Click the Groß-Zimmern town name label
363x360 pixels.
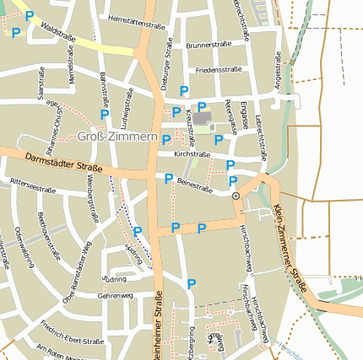pyautogui.click(x=116, y=137)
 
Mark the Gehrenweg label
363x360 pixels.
pyautogui.click(x=116, y=296)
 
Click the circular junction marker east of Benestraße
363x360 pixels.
pyautogui.click(x=236, y=195)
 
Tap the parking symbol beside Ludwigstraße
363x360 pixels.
pyautogui.click(x=105, y=114)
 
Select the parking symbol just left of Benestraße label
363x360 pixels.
pyautogui.click(x=169, y=178)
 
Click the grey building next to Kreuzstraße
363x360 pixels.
pyautogui.click(x=203, y=116)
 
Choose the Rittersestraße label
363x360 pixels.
pyautogui.click(x=33, y=184)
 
